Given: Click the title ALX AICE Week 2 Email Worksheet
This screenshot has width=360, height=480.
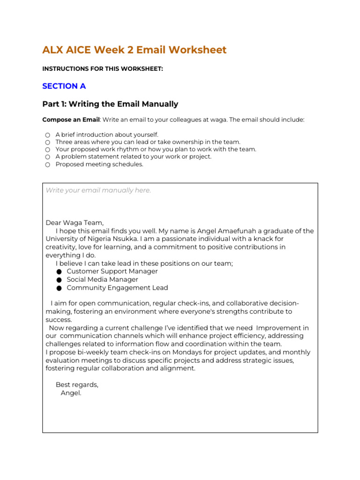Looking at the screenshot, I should [134, 50].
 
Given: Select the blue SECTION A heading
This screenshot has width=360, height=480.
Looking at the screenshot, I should [64, 86].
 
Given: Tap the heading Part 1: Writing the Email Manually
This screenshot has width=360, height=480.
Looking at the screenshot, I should [110, 104].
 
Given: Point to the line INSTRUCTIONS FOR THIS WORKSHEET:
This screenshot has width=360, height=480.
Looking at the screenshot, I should [103, 69].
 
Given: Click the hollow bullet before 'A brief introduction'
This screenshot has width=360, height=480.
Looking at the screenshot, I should [47, 135].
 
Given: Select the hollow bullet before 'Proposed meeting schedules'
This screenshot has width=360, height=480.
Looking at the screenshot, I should [47, 165].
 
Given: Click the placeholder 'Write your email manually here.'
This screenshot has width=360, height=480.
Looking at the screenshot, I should [98, 190].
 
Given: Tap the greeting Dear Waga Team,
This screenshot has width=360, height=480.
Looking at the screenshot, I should [75, 223].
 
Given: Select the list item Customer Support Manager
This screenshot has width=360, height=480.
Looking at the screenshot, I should [112, 271].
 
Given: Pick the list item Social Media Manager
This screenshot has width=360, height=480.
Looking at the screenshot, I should [102, 280].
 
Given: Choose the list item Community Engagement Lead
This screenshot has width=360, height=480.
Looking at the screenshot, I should [117, 288].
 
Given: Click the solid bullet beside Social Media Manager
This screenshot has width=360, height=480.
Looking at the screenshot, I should [59, 280].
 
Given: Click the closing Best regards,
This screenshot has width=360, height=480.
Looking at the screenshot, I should [77, 385].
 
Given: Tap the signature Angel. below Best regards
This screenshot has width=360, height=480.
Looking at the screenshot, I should [71, 393].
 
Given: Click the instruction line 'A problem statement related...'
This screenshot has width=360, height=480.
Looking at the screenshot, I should [133, 157].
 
